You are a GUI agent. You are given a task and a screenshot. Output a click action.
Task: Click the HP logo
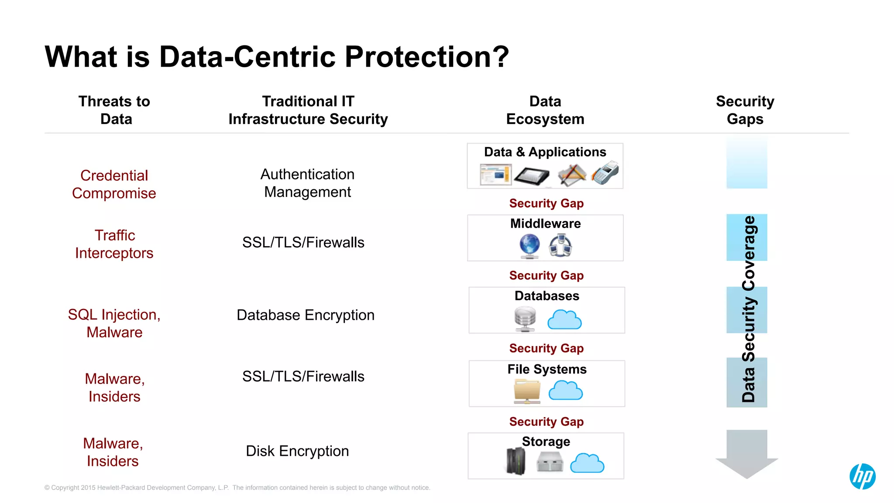pos(862,476)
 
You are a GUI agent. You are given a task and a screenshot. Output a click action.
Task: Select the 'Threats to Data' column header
pos(115,110)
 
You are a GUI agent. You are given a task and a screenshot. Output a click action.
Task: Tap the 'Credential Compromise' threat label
pos(114,184)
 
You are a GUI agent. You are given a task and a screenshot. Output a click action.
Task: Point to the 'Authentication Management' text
pos(307,183)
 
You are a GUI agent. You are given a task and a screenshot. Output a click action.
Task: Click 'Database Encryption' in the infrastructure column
pos(306,315)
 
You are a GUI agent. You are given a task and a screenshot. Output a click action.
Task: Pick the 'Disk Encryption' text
pos(297,451)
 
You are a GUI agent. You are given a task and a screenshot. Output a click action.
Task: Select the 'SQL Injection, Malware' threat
pos(114,323)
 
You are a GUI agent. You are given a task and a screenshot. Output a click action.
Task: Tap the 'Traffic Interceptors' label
pos(114,244)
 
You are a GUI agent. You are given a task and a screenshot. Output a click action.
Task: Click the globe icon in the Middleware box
pos(530,246)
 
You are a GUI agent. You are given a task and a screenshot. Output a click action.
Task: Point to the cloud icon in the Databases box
pos(564,320)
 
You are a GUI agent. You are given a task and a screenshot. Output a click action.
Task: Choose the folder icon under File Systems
pos(527,391)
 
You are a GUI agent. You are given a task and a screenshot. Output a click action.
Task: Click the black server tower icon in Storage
pos(516,461)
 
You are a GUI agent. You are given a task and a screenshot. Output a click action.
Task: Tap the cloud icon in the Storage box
pos(587,463)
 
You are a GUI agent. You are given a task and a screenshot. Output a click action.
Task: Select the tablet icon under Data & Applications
pos(532,175)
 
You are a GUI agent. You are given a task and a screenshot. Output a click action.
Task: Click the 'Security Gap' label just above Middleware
pos(546,203)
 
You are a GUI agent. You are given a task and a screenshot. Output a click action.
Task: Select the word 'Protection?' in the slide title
pos(427,57)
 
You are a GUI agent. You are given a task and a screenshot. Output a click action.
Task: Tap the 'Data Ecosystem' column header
pos(545,110)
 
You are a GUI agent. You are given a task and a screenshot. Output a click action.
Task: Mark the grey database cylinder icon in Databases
pos(525,318)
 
